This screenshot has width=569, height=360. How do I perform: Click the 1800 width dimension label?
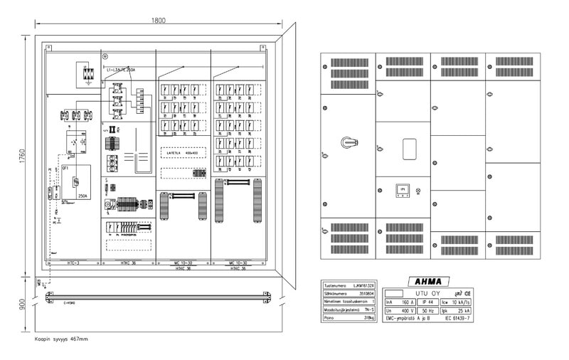coord(159,20)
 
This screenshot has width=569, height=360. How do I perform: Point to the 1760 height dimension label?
coord(22,156)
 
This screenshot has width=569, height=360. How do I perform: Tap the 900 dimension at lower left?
coord(22,305)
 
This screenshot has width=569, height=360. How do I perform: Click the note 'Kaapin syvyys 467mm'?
coord(61,339)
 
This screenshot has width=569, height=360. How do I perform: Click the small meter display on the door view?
coord(402,190)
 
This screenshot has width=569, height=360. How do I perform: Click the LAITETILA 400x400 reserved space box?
coord(181,152)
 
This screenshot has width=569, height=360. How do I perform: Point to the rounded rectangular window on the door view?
coord(409,149)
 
